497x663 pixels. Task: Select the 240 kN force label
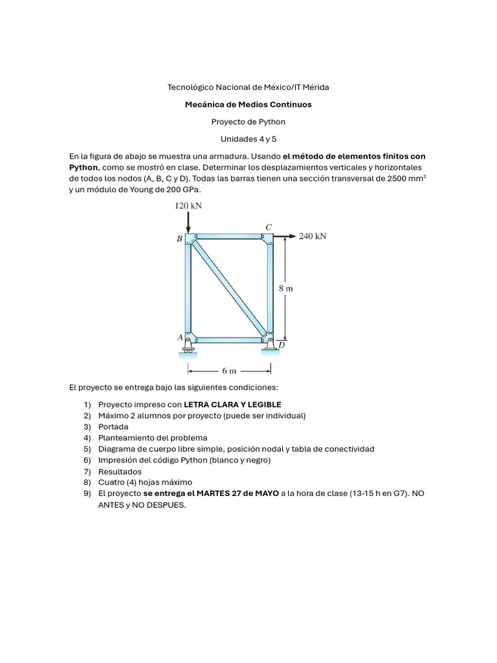click(313, 236)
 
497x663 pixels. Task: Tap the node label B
click(179, 239)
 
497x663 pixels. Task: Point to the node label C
click(268, 227)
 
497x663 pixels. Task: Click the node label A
click(180, 337)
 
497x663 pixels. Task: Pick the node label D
click(282, 345)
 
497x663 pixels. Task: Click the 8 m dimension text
click(286, 289)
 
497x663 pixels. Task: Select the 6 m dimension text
click(229, 371)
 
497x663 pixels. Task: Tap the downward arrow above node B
click(188, 223)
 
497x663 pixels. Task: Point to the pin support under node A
click(188, 347)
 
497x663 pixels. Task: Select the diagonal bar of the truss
click(229, 289)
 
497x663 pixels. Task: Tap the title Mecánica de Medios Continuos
click(248, 104)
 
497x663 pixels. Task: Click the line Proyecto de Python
click(248, 121)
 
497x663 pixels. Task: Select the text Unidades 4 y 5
click(248, 139)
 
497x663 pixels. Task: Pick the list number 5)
click(87, 449)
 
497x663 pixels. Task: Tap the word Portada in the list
click(113, 427)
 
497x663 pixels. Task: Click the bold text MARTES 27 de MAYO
click(238, 493)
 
